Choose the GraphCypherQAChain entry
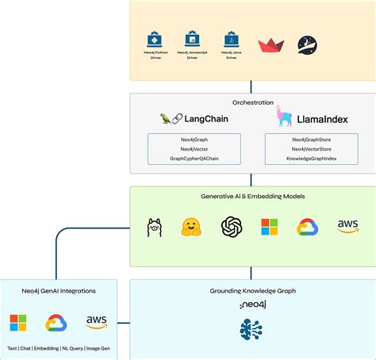pos(194,159)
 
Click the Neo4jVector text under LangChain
pos(194,148)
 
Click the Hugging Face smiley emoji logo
pos(190,228)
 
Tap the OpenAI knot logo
pos(231,228)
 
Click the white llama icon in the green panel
pos(154,228)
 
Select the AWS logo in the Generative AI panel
pos(347,227)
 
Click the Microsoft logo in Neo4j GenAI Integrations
pos(17,323)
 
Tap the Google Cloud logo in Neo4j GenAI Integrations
pos(56,323)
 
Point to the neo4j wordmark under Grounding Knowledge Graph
pos(253,304)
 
